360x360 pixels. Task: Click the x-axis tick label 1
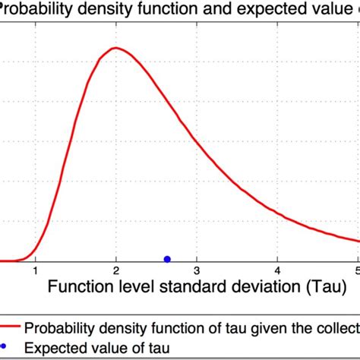35,270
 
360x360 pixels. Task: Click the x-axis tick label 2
115,270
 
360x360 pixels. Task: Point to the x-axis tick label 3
197,270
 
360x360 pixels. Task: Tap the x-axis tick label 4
277,270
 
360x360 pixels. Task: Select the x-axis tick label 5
356,270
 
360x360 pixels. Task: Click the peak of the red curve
115,49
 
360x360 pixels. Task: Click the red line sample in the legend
11,328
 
